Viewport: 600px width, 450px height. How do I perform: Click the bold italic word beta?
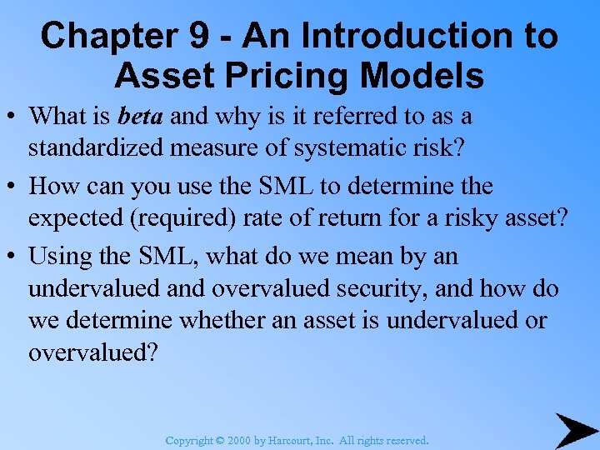tap(142, 116)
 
